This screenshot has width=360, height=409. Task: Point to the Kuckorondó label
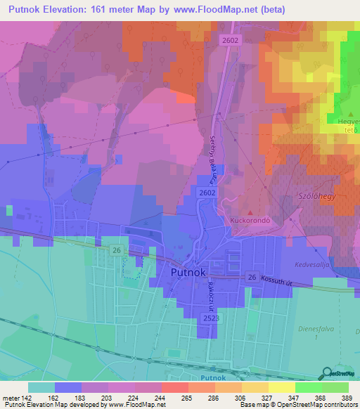[251, 220]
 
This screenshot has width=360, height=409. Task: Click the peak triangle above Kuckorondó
[250, 211]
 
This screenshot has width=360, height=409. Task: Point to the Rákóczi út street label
[210, 290]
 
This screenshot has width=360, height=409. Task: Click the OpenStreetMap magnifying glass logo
[328, 373]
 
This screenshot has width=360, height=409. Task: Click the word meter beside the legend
[11, 398]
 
